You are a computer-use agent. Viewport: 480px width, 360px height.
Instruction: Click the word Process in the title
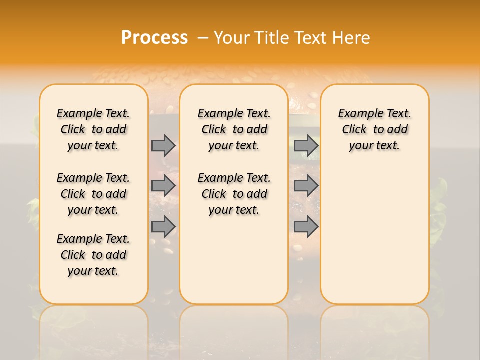154,38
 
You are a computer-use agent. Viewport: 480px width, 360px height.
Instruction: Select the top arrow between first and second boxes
163,145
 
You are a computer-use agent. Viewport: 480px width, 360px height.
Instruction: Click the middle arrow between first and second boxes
163,186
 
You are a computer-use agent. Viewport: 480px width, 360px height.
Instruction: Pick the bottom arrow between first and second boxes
163,226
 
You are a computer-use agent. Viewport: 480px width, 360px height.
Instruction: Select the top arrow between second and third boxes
306,145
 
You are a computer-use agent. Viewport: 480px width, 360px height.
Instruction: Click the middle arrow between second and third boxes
306,186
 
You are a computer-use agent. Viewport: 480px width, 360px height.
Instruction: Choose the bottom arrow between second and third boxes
306,226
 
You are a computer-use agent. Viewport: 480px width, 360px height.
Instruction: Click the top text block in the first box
93,129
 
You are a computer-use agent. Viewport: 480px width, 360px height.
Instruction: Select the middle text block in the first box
93,194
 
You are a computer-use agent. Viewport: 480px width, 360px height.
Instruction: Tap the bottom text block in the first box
93,255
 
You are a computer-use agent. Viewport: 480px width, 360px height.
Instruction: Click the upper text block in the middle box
234,129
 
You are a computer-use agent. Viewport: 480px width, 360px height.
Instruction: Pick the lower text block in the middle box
234,194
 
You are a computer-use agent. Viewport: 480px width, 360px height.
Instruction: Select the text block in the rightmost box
375,129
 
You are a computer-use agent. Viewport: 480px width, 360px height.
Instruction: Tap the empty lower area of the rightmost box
375,235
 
